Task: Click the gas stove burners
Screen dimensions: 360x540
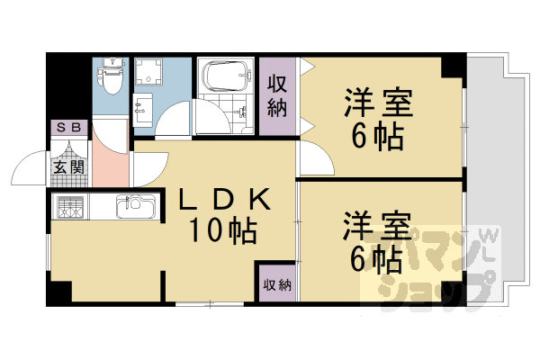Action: (x=71, y=208)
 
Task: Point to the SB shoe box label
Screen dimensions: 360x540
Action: (x=69, y=128)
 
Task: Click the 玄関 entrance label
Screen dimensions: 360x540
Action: (x=67, y=166)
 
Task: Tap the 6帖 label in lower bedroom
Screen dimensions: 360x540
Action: (x=377, y=258)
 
